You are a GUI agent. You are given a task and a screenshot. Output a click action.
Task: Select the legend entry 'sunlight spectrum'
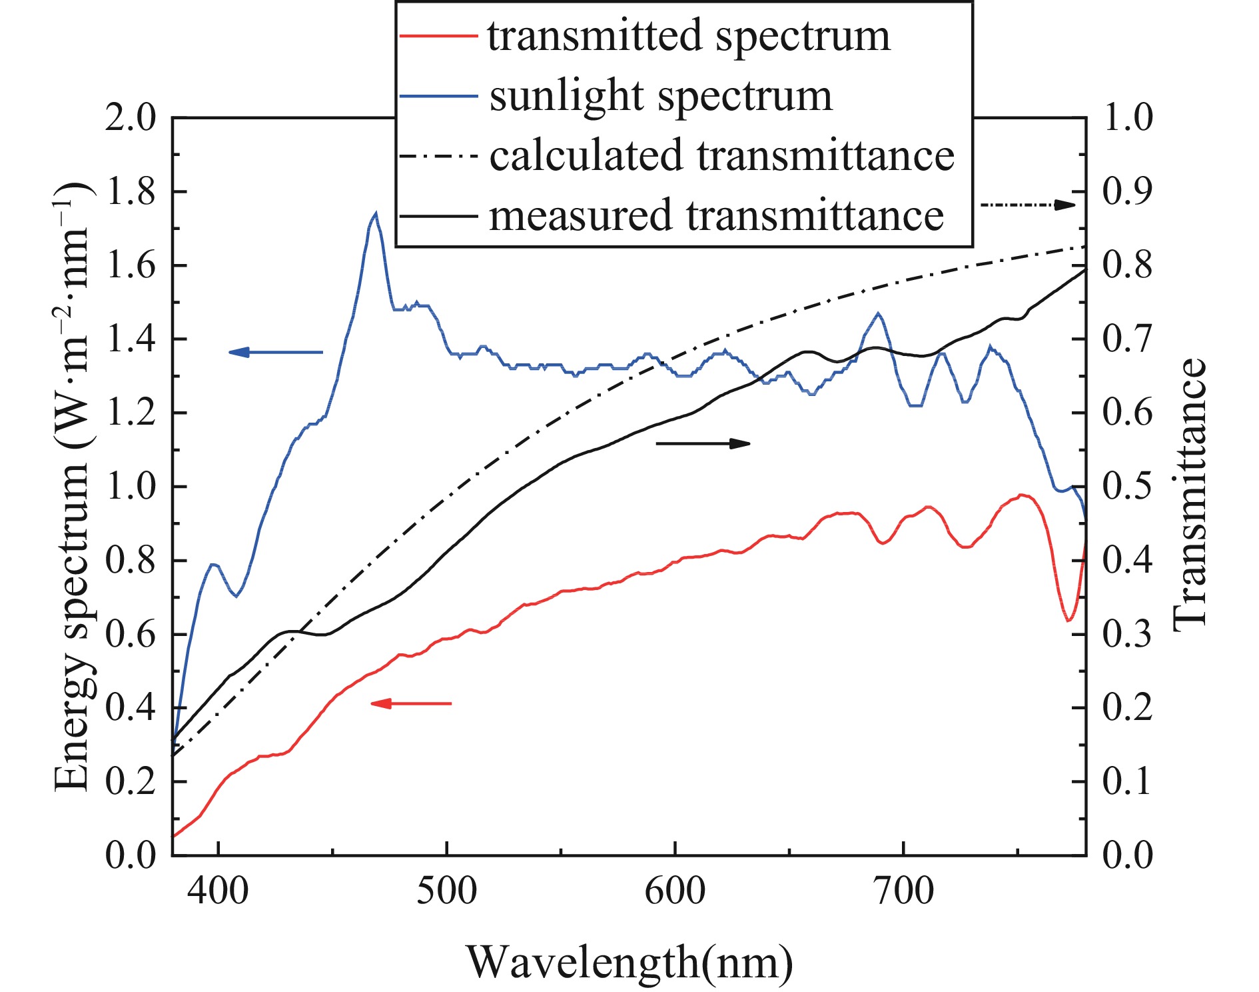pyautogui.click(x=660, y=96)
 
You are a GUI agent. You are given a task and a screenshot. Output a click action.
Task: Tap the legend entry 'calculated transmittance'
pyautogui.click(x=721, y=155)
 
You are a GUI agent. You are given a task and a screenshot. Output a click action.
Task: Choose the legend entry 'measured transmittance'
pyautogui.click(x=716, y=215)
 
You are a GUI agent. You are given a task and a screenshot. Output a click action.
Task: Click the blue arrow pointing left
pyautogui.click(x=275, y=352)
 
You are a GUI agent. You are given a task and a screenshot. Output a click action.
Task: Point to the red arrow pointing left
pyautogui.click(x=410, y=703)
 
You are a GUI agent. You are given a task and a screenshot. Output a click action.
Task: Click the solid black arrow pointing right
pyautogui.click(x=703, y=443)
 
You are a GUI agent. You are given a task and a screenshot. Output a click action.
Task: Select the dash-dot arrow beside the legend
pyautogui.click(x=1027, y=205)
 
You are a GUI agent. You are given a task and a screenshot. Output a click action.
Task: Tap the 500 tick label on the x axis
pyautogui.click(x=446, y=892)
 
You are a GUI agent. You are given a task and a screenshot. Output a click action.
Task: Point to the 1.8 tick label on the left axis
pyautogui.click(x=130, y=192)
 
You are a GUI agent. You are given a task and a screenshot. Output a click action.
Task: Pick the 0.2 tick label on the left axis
pyautogui.click(x=130, y=781)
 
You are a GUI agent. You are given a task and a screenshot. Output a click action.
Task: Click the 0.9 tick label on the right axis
pyautogui.click(x=1127, y=192)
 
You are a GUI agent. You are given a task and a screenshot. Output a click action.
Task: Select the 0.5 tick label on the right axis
pyautogui.click(x=1127, y=486)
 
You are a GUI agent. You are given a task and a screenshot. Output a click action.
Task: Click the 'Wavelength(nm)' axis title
pyautogui.click(x=629, y=962)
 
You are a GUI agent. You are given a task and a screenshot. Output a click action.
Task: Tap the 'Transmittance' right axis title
pyautogui.click(x=1190, y=493)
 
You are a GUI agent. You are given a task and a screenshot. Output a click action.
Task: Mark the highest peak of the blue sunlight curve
pyautogui.click(x=376, y=214)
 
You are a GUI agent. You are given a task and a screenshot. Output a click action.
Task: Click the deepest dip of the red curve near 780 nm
pyautogui.click(x=1068, y=620)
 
